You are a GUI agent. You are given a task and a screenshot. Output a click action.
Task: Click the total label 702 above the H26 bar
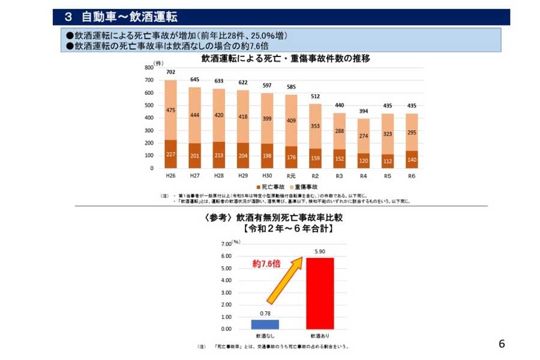tap(170, 72)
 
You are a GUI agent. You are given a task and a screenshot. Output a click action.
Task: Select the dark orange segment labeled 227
tap(170, 154)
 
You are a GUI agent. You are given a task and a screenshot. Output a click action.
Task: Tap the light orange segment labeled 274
tap(363, 136)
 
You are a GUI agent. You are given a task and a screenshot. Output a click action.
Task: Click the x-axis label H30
tap(266, 176)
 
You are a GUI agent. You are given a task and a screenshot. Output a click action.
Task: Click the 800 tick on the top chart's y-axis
tap(148, 68)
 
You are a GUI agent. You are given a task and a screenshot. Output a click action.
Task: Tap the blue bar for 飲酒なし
tap(265, 324)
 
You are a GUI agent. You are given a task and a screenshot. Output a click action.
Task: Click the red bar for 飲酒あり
tap(320, 293)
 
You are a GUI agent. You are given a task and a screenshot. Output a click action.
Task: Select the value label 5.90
tap(320, 252)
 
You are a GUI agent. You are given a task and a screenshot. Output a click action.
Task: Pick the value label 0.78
tap(265, 314)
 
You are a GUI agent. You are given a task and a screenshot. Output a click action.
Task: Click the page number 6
tap(502, 344)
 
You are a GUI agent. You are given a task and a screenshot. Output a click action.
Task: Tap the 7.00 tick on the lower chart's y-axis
tap(226, 244)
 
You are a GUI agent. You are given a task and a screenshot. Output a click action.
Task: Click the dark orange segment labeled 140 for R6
tap(411, 160)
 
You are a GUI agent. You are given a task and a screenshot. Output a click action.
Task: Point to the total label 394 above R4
tap(363, 112)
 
